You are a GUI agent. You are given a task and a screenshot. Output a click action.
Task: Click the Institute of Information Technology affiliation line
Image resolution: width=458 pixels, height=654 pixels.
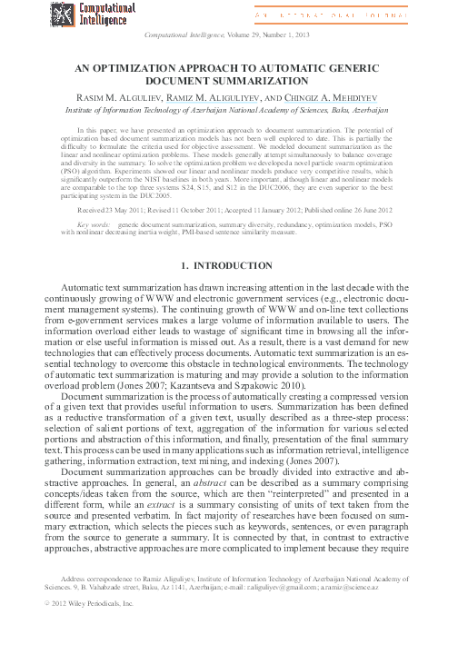[x=228, y=110]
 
